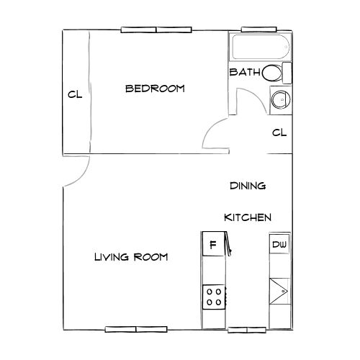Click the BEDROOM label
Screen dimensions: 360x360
click(x=155, y=89)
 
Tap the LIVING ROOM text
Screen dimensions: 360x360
click(x=131, y=256)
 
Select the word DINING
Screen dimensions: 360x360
click(x=248, y=186)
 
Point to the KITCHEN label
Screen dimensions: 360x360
click(x=248, y=217)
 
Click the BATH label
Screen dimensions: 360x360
click(x=244, y=73)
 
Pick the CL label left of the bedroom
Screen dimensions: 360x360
click(x=74, y=94)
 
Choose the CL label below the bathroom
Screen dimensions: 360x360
click(x=279, y=132)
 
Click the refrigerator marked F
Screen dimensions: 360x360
click(x=213, y=245)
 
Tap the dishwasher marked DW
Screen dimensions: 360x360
click(x=279, y=245)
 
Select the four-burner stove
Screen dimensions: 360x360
click(x=214, y=296)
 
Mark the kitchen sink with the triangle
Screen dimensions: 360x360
click(x=279, y=292)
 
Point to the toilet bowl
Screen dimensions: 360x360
click(x=271, y=73)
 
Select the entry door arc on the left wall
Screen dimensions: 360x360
click(x=79, y=173)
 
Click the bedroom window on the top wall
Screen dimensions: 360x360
click(x=157, y=30)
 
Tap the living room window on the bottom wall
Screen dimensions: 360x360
click(x=135, y=329)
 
